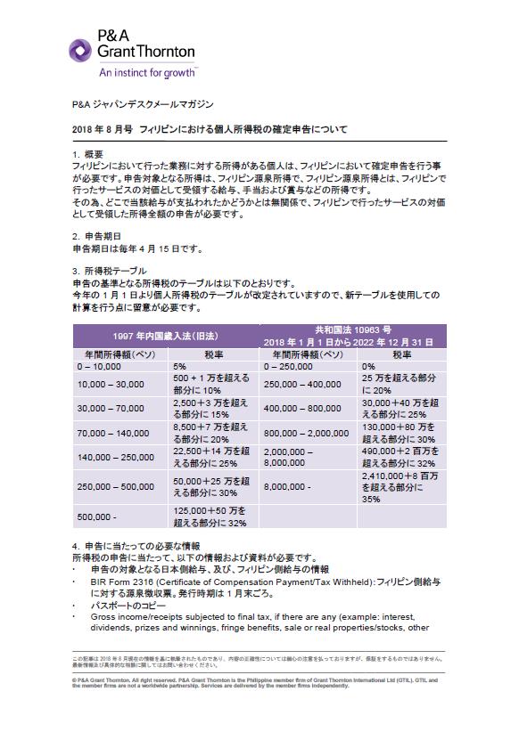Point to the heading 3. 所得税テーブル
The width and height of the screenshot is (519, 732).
point(110,270)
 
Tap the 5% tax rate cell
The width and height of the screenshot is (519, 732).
point(180,366)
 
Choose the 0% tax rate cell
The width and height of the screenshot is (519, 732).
point(369,366)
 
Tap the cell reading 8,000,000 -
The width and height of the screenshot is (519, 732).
point(287,487)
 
